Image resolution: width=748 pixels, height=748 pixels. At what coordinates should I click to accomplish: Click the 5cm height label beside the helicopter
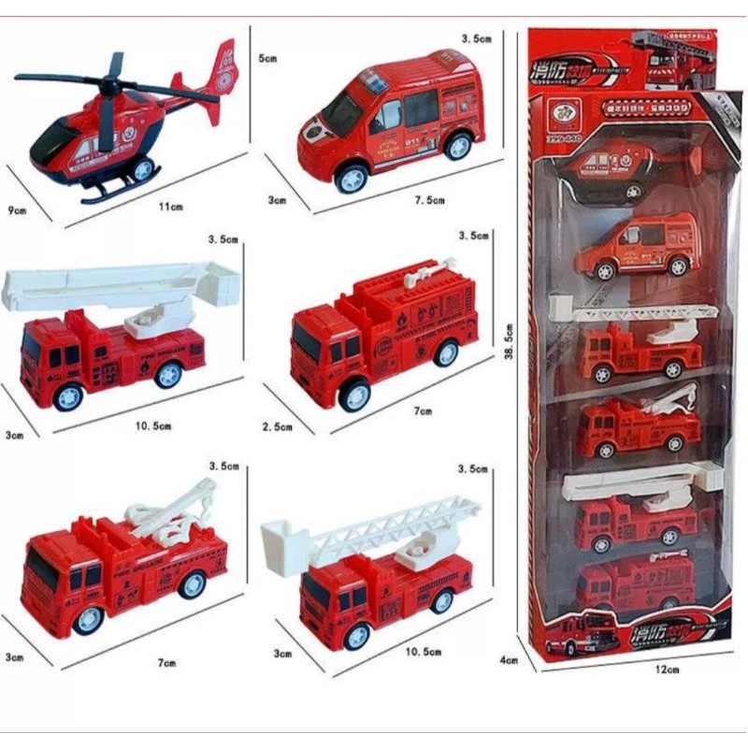pyautogui.click(x=267, y=58)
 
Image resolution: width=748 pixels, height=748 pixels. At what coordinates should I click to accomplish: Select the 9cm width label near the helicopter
pyautogui.click(x=14, y=210)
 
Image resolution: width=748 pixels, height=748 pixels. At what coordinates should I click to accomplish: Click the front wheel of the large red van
pyautogui.click(x=351, y=177)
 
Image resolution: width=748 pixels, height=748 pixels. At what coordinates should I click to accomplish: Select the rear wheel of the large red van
pyautogui.click(x=458, y=145)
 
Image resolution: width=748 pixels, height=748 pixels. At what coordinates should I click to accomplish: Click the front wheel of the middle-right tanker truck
pyautogui.click(x=353, y=394)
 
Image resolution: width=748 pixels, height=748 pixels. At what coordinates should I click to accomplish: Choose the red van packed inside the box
pyautogui.click(x=636, y=246)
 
